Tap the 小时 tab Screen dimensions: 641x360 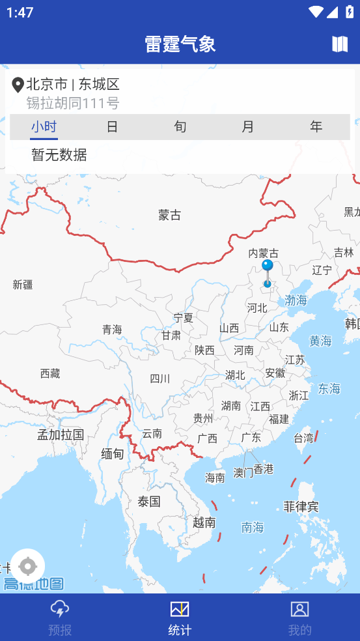44,126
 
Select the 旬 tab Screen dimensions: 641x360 180,126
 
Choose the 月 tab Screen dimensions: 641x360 248,126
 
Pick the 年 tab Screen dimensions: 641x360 316,126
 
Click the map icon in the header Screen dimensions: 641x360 340,44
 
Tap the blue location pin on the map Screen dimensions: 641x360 268,267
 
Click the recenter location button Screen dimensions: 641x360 28,565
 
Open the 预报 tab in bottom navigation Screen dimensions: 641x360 60,617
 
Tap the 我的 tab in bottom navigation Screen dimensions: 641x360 299,617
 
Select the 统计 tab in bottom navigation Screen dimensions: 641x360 180,617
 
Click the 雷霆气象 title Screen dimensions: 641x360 180,44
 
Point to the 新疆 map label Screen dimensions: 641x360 23,285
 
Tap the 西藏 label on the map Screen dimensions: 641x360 50,373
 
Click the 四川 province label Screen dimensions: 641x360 159,378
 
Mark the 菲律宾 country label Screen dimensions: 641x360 301,506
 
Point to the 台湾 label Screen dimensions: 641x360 303,438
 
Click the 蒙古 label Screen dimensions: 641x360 169,215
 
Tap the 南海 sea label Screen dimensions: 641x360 253,528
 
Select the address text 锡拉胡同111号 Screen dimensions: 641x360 73,103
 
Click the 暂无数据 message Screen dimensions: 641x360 59,155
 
